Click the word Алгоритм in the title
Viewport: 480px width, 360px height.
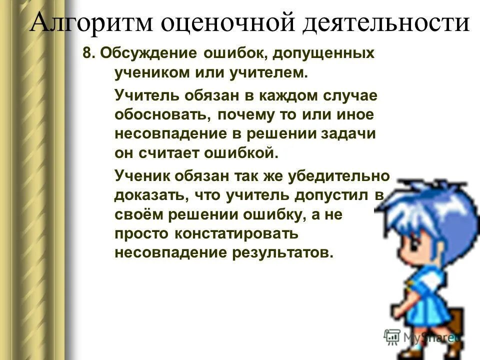pos(87,23)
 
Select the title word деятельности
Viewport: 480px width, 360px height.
pos(380,23)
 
